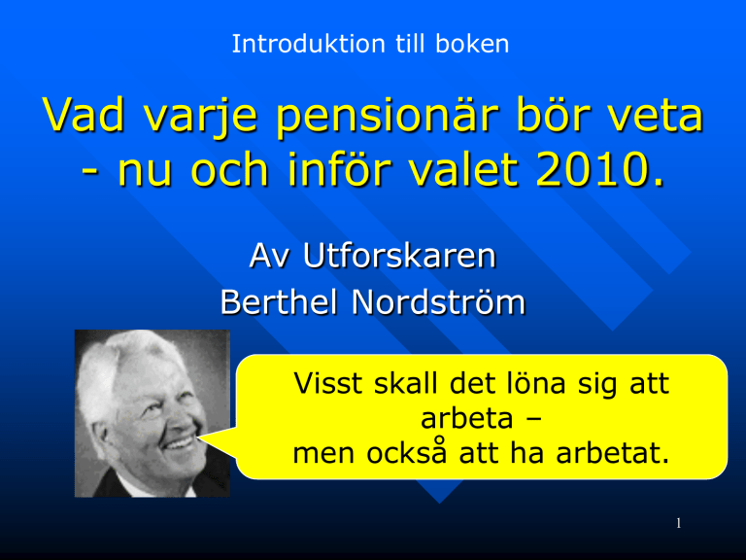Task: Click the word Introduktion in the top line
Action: pyautogui.click(x=308, y=44)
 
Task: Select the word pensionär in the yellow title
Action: pyautogui.click(x=388, y=117)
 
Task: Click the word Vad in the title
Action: pyautogui.click(x=85, y=115)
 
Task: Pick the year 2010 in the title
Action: pyautogui.click(x=599, y=169)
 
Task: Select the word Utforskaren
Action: pyautogui.click(x=399, y=257)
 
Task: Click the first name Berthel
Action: pyautogui.click(x=279, y=302)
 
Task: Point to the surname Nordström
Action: pyautogui.click(x=439, y=302)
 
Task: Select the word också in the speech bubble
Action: pyautogui.click(x=407, y=452)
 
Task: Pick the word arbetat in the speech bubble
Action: pyautogui.click(x=613, y=452)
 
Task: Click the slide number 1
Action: pyautogui.click(x=679, y=523)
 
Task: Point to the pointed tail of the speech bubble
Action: pyautogui.click(x=199, y=436)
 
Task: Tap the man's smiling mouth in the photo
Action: pyautogui.click(x=180, y=444)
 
